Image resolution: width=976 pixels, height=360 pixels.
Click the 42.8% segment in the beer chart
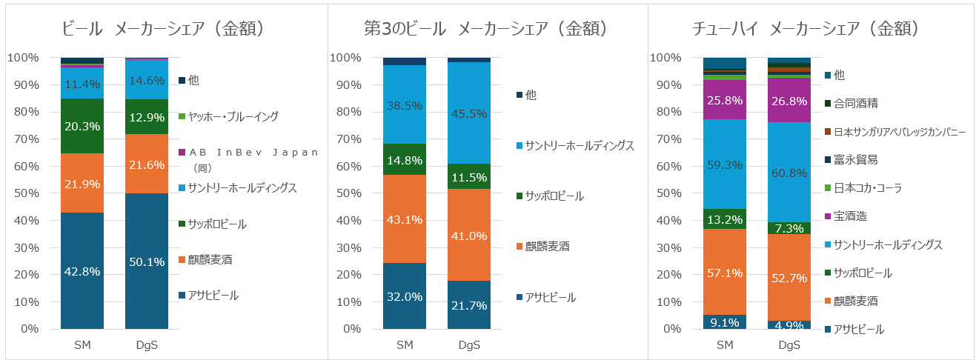pos(82,270)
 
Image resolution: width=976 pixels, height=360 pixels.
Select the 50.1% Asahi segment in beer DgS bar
pos(146,261)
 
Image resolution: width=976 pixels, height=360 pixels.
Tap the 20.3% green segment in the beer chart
pos(82,125)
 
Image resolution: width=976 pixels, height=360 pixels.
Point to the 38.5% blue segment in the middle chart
pos(405,104)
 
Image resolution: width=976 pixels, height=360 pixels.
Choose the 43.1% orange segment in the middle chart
pos(405,219)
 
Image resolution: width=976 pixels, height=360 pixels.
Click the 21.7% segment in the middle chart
pos(468,304)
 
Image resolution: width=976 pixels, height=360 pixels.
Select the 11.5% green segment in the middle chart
pos(468,176)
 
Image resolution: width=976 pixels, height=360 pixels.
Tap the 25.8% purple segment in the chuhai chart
pos(725,99)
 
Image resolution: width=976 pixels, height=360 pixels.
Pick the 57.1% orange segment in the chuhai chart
pos(725,272)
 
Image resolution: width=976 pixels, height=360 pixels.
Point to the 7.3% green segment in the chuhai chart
pos(789,228)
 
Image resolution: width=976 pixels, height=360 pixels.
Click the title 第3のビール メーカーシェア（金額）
pos(486,29)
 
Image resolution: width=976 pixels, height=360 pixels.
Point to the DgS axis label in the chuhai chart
pos(789,344)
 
